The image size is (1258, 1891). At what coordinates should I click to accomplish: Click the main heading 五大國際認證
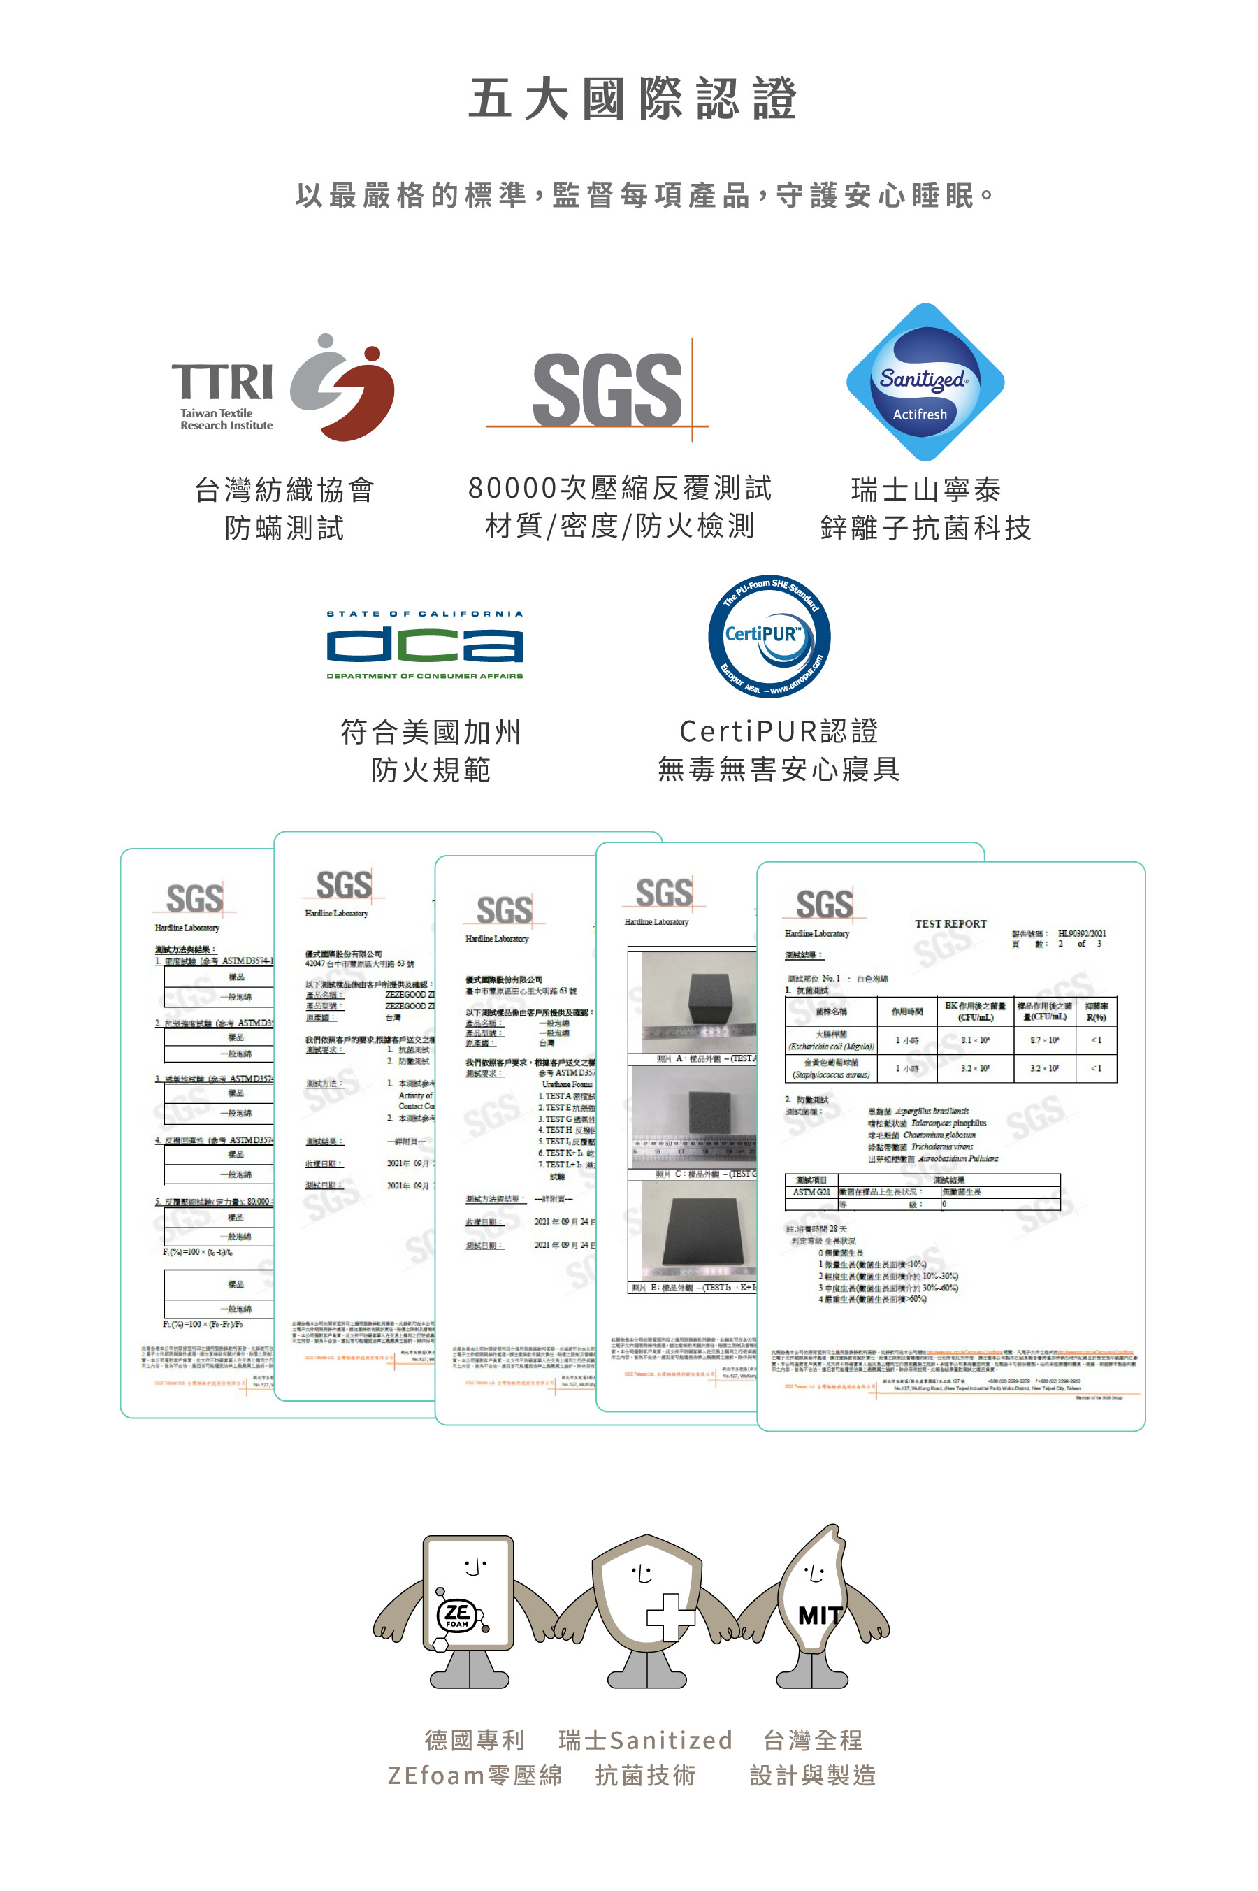click(x=632, y=99)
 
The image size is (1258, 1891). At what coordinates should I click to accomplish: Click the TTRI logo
click(x=282, y=387)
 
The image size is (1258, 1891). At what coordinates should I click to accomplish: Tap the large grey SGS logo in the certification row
click(x=607, y=390)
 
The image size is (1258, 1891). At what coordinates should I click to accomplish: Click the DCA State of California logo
click(x=424, y=645)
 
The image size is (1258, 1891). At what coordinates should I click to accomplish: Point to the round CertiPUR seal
click(x=769, y=637)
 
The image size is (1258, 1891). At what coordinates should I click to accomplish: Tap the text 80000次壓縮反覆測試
click(x=619, y=488)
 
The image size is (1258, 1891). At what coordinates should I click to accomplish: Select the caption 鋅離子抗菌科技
click(x=925, y=528)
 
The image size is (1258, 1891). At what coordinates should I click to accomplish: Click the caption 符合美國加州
click(x=431, y=732)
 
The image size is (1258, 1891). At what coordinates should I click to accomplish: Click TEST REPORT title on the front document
click(x=950, y=923)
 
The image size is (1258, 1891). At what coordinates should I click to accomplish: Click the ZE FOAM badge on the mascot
click(x=458, y=1615)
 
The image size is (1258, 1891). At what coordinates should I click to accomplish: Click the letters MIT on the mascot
click(x=820, y=1615)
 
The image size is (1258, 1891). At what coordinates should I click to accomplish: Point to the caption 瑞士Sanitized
click(x=645, y=1740)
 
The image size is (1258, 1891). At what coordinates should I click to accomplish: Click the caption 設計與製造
click(x=812, y=1776)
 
